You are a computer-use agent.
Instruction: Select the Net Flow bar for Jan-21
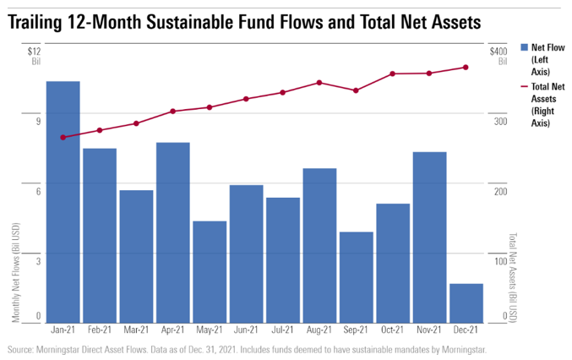(63, 201)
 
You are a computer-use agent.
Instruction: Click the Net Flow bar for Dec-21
(466, 303)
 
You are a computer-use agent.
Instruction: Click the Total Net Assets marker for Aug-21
(319, 83)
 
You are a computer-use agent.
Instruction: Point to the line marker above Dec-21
(466, 68)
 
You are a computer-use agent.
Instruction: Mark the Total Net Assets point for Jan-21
(63, 137)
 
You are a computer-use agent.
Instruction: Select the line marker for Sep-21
(356, 90)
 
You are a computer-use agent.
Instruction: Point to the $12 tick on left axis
(35, 52)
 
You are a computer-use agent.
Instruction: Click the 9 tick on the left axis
(37, 122)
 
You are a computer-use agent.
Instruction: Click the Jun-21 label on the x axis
(245, 331)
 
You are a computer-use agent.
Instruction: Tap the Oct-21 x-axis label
(392, 331)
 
